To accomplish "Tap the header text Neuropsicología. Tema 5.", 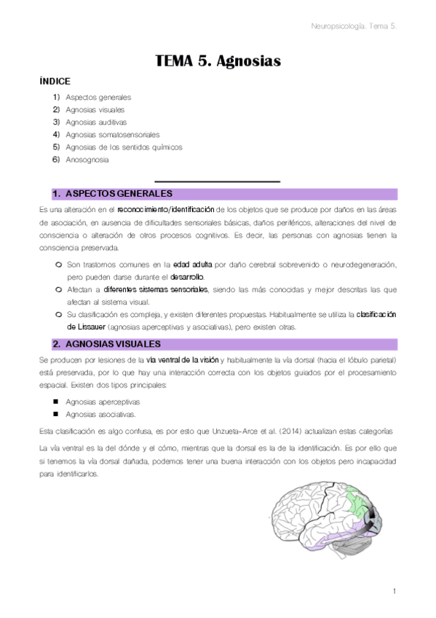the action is click(353, 26).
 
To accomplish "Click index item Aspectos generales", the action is click(98, 97).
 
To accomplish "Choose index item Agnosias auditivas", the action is click(96, 122).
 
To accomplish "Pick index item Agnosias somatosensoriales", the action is click(112, 134).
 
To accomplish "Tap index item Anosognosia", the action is click(87, 159).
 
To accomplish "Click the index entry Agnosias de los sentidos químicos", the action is click(124, 146).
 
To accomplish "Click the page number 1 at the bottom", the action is click(394, 591).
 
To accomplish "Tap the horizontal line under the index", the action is click(218, 181).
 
